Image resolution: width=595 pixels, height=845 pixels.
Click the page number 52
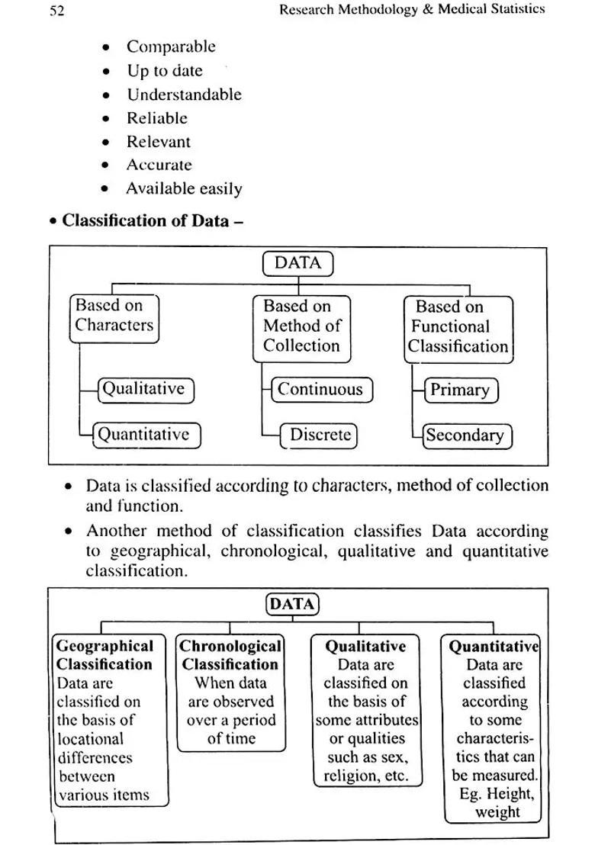pyautogui.click(x=56, y=10)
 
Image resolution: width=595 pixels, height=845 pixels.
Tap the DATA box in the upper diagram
pyautogui.click(x=297, y=264)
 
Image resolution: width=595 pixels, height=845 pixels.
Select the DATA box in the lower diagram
pyautogui.click(x=292, y=605)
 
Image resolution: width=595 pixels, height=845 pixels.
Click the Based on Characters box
pyautogui.click(x=114, y=316)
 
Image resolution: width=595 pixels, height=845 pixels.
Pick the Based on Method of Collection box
pyautogui.click(x=301, y=326)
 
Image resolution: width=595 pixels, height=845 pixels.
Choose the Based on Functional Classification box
pyautogui.click(x=458, y=327)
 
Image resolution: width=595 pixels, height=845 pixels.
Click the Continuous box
pyautogui.click(x=322, y=390)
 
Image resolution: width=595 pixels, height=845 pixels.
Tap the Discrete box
pyautogui.click(x=320, y=435)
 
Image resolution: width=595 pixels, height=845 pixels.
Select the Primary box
pyautogui.click(x=459, y=390)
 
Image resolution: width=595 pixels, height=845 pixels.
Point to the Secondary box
pyautogui.click(x=465, y=435)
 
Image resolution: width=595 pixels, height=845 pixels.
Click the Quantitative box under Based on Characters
pyautogui.click(x=144, y=435)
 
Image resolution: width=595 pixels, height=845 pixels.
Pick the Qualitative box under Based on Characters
pyautogui.click(x=144, y=389)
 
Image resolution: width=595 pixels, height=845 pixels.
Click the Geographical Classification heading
pyautogui.click(x=105, y=655)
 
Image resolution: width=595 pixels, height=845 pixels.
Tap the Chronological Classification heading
pyautogui.click(x=230, y=655)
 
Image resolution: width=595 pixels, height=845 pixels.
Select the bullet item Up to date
pyautogui.click(x=165, y=71)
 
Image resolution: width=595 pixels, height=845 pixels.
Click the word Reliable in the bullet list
pyautogui.click(x=157, y=118)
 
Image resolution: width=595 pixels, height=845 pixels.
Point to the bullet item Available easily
pyautogui.click(x=184, y=188)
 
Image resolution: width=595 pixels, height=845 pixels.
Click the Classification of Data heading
pyautogui.click(x=146, y=221)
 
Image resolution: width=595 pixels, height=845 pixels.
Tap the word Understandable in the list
pyautogui.click(x=184, y=95)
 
